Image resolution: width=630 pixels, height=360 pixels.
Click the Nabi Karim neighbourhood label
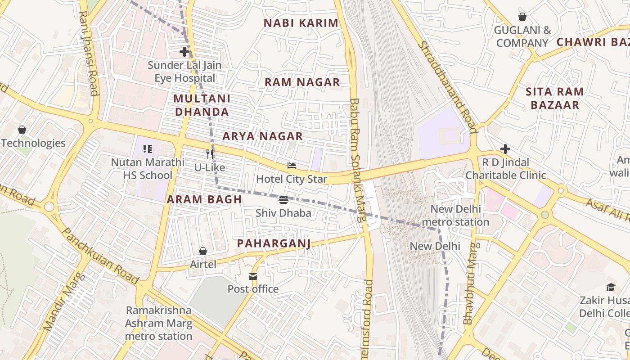(x=301, y=23)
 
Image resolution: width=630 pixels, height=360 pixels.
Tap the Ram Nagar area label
(x=302, y=82)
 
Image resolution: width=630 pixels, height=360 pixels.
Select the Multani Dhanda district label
(x=202, y=105)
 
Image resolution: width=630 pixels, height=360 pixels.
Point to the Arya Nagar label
(x=263, y=136)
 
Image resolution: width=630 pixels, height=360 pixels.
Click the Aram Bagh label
(x=204, y=200)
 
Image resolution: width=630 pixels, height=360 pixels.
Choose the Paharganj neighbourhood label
(x=274, y=244)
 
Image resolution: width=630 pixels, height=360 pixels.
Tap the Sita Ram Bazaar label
(x=555, y=99)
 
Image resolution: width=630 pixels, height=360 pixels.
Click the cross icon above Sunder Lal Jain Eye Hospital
(x=184, y=52)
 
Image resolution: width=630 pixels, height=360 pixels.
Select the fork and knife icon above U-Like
(x=209, y=154)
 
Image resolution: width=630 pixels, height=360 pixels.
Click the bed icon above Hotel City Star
(x=292, y=166)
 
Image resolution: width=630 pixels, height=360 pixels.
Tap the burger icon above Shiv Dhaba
(x=283, y=200)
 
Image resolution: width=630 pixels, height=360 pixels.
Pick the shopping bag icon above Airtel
(x=203, y=251)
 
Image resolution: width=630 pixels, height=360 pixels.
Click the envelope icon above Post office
(x=253, y=276)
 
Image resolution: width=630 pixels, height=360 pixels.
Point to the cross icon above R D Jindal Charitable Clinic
(x=505, y=149)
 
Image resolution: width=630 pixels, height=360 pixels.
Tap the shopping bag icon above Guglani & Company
(x=522, y=17)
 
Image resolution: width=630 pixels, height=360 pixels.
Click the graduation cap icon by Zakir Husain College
(x=611, y=287)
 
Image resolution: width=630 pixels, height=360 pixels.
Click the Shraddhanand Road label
(x=447, y=86)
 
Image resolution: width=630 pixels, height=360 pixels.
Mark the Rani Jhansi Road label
(x=88, y=53)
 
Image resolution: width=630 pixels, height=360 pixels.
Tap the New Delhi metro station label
(x=456, y=216)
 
